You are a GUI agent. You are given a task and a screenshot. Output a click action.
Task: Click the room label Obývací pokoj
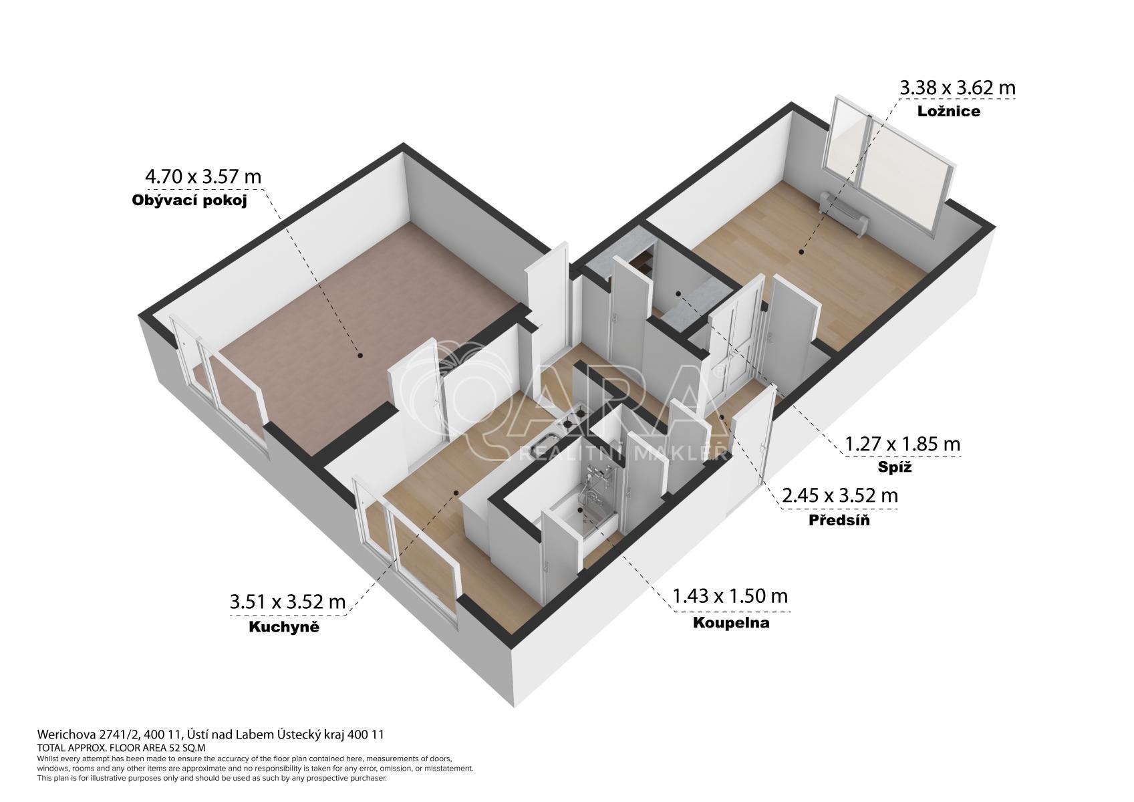coord(189,201)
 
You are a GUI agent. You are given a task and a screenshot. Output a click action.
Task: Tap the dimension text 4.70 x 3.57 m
coord(203,176)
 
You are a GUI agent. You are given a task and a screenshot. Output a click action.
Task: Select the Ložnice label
coord(949,112)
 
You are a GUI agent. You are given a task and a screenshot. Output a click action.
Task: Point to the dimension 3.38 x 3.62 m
coord(958,88)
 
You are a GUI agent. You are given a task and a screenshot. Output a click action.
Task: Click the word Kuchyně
coord(284,627)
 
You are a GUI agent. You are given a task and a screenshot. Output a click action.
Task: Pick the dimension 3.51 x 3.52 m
coord(287,602)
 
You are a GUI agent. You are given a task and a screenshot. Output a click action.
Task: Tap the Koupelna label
coord(731,622)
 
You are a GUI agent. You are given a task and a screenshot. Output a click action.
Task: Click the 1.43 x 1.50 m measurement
coord(730,596)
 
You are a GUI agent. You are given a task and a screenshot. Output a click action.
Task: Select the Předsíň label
coord(839,520)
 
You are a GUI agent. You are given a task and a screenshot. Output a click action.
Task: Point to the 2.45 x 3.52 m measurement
coord(840,495)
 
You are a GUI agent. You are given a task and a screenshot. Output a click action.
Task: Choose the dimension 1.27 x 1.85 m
coord(903,444)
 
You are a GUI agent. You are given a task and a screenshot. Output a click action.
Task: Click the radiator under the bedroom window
coord(844,213)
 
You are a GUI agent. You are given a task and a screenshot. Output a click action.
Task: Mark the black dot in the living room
coord(360,356)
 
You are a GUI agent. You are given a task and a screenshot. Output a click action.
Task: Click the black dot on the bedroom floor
coord(801,252)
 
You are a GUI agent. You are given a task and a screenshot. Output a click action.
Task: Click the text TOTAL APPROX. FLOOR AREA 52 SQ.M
coord(122,748)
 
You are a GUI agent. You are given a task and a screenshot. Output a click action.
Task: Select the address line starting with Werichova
coord(210,734)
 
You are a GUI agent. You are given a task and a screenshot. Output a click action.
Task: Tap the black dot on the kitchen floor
coord(456,492)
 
